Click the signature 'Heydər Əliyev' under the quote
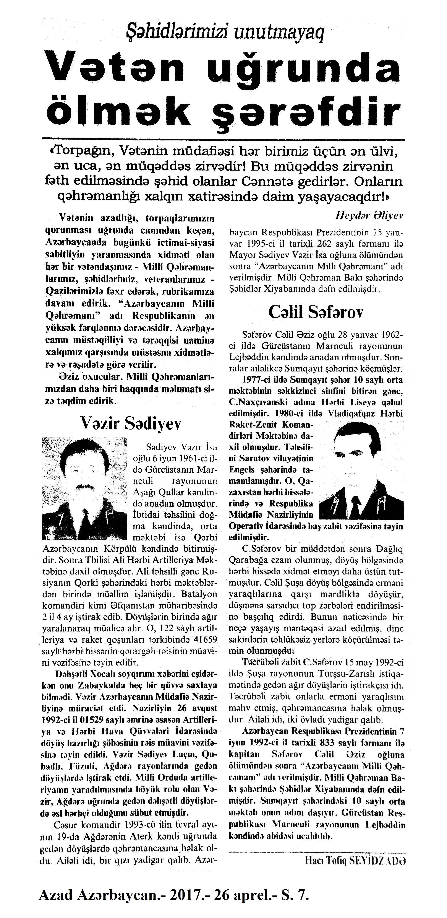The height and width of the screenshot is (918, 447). coord(369,216)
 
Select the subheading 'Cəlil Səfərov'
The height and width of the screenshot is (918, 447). coord(316,313)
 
